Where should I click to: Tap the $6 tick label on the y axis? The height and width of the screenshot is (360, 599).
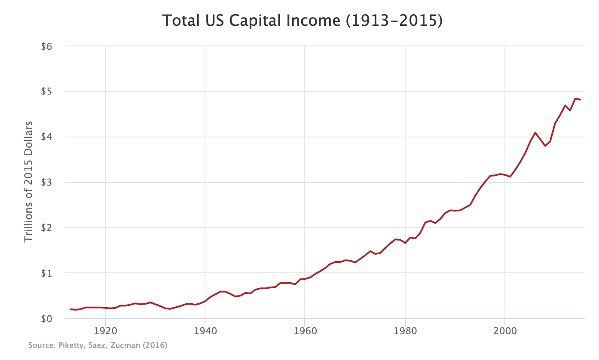tap(46, 46)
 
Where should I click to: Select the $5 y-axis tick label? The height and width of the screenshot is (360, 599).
tap(46, 92)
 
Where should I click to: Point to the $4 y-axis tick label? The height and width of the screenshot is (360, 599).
tap(46, 137)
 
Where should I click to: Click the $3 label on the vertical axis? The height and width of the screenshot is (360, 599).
tap(46, 183)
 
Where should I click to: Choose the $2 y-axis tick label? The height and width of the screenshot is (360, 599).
tap(46, 228)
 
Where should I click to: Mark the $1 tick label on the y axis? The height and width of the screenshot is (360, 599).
tap(46, 273)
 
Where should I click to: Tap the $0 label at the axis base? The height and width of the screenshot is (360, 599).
tap(46, 319)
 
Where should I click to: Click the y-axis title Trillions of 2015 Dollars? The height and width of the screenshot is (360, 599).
tap(28, 181)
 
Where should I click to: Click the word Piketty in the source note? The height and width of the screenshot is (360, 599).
tap(68, 345)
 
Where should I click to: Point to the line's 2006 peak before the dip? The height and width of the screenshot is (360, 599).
tap(535, 133)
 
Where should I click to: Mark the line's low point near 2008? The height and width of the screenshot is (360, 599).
tap(545, 146)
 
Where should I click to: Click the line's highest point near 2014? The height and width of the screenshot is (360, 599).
tap(575, 99)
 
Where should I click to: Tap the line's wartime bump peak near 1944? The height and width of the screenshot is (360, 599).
tap(223, 291)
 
